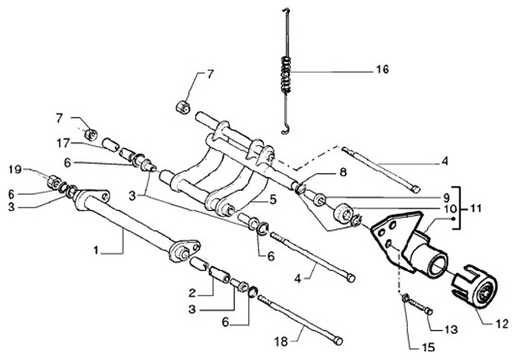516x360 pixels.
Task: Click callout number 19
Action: pyautogui.click(x=14, y=170)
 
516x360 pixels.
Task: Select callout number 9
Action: pyautogui.click(x=446, y=196)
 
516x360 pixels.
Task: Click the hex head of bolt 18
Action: pyautogui.click(x=338, y=341)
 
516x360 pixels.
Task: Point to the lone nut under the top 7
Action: pyautogui.click(x=182, y=108)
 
